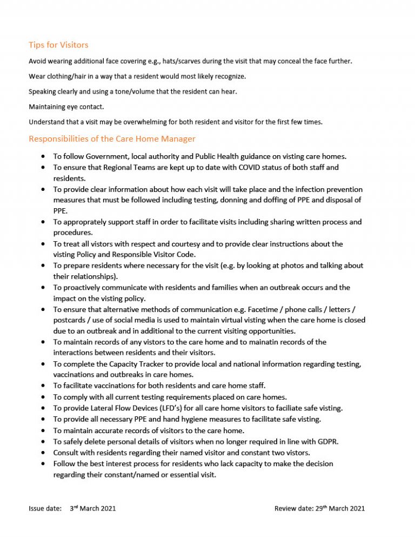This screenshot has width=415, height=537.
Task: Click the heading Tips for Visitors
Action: (58, 45)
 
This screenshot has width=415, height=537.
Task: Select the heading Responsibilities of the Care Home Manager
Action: (112, 139)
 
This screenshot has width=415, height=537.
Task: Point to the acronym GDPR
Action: (327, 441)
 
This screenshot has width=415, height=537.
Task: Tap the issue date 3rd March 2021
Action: (93, 508)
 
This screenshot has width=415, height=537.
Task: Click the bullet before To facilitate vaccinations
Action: (43, 386)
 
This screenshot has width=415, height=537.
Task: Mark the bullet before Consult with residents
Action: (43, 452)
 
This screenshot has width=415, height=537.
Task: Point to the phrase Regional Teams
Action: (125, 168)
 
